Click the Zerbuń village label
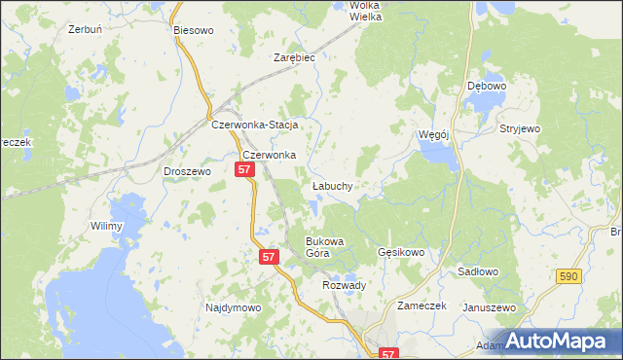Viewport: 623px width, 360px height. (x=86, y=29)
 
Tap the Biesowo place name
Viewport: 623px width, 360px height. (x=193, y=30)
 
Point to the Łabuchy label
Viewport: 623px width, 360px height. (x=332, y=184)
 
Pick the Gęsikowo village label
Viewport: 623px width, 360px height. (x=401, y=252)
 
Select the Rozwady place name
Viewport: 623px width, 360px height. (x=344, y=285)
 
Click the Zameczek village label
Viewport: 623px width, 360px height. (x=421, y=305)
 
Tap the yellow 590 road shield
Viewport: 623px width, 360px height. (x=571, y=277)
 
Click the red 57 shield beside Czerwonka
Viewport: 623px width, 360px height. (x=244, y=170)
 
